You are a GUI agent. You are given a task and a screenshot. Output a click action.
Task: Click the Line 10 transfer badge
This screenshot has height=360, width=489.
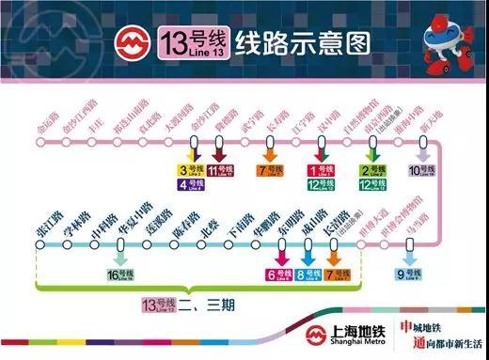(x=423, y=170)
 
